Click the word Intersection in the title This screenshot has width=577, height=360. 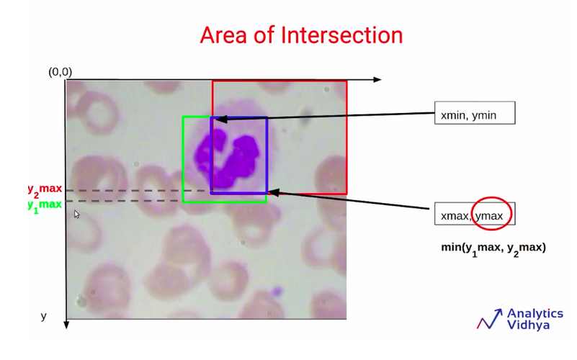point(341,35)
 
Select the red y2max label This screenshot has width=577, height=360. point(45,190)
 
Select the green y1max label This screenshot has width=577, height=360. point(45,205)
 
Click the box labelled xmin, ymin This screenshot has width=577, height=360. point(475,113)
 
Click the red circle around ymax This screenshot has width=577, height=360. point(492,198)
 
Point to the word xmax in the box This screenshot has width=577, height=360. point(455,216)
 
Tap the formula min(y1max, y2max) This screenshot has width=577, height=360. point(493,248)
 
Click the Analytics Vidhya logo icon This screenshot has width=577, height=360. point(489,319)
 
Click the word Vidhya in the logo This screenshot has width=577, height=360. point(528,325)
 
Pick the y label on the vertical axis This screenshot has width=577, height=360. point(43,316)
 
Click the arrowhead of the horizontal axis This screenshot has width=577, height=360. point(377,79)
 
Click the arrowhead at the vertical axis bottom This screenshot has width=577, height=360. point(66,325)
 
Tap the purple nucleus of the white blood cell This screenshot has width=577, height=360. point(227,158)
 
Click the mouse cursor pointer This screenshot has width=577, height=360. point(76,214)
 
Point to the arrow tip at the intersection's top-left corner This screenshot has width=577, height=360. point(215,119)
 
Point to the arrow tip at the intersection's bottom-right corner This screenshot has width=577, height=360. point(268,192)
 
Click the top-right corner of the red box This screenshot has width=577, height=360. point(346,81)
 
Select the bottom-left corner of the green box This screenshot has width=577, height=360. point(183,202)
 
